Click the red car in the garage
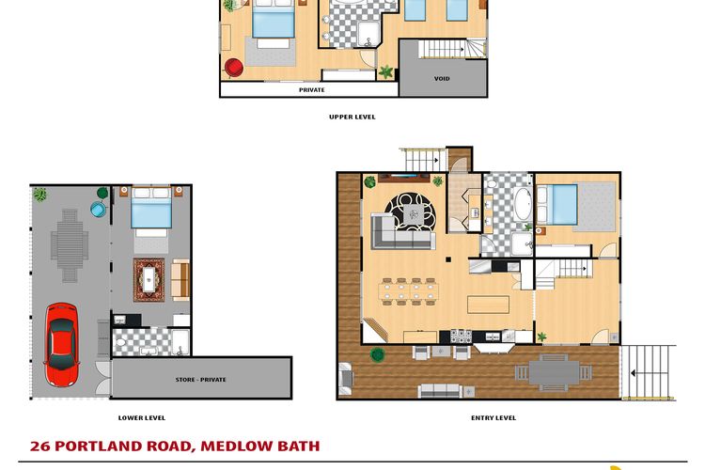62,345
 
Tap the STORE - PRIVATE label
200,380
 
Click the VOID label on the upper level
442,78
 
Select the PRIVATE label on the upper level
311,90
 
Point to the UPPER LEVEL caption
352,117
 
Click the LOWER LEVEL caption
142,417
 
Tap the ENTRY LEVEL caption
493,417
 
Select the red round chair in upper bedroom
234,68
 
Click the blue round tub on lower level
98,209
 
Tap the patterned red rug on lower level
149,280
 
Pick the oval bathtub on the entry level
523,204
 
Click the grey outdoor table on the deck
554,373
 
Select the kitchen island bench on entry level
488,305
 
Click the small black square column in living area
448,259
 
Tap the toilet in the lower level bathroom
120,343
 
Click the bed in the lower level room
151,211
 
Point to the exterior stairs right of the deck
649,372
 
